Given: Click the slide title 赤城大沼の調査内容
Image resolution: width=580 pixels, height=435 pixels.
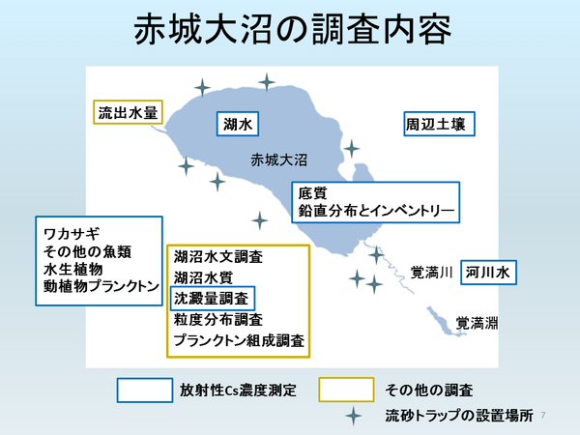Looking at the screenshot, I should (x=290, y=30).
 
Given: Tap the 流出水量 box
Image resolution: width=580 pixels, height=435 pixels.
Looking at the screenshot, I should (x=127, y=113).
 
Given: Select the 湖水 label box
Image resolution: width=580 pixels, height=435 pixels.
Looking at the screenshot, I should (x=238, y=123).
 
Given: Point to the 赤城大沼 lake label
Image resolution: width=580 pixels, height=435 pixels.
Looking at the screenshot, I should (x=278, y=159).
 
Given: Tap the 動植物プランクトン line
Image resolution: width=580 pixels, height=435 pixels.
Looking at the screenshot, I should (x=100, y=287).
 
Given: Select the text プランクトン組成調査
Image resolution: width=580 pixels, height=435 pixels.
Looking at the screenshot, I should (x=239, y=340).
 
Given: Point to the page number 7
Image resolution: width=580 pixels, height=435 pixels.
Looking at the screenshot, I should (x=544, y=414).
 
